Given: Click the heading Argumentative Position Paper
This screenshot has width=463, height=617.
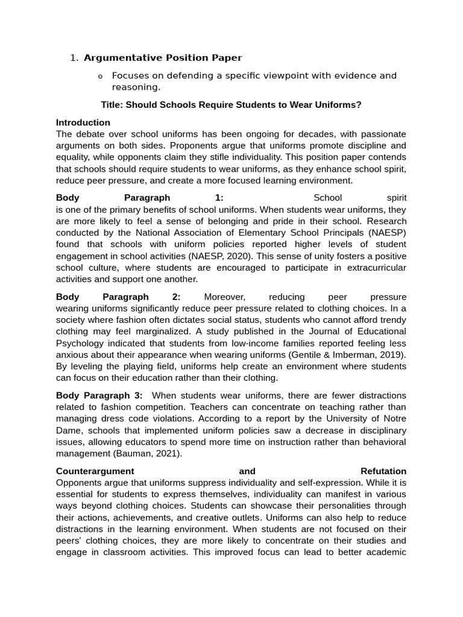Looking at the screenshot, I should coord(163,58).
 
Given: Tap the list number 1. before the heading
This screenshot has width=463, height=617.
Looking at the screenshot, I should coord(74,58).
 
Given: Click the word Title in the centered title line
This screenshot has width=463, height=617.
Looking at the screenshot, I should coord(112,105).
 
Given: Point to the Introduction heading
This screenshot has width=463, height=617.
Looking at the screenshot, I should coord(83,122).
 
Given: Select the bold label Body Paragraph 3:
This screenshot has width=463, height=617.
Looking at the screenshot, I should coord(99,395).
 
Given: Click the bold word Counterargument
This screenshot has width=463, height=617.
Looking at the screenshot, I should coord(95,471).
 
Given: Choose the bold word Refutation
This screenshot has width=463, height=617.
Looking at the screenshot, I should coord(383,471).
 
